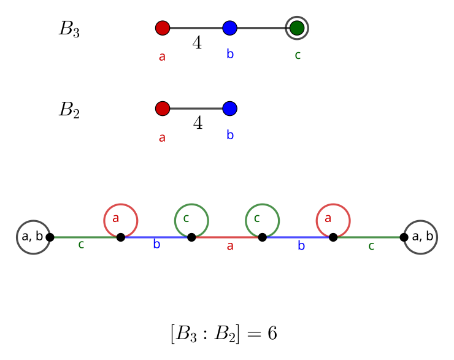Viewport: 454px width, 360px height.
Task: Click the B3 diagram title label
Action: point(69,29)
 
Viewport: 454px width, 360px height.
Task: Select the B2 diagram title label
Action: point(69,110)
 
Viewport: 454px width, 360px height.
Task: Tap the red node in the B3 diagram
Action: point(163,28)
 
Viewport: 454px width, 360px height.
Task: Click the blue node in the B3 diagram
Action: point(230,28)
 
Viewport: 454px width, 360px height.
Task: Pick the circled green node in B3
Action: point(297,28)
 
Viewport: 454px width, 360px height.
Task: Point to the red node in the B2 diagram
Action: point(163,109)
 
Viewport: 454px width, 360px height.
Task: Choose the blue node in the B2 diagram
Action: point(230,109)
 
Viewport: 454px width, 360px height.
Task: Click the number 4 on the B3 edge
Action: point(197,43)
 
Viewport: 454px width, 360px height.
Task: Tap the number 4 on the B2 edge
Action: point(198,123)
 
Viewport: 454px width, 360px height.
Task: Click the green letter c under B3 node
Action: point(298,55)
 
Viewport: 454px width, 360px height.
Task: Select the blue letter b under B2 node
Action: point(230,136)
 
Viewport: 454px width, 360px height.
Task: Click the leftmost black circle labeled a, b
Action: point(33,237)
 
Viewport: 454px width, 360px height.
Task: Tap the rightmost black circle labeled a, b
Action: point(421,237)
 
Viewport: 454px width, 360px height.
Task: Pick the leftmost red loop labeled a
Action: point(121,220)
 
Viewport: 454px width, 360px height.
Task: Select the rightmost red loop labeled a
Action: point(333,220)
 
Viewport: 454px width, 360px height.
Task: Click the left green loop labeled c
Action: point(191,220)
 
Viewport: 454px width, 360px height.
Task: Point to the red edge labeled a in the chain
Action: point(227,237)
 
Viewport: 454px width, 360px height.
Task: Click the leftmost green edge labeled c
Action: point(85,237)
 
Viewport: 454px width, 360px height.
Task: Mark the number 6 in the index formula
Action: point(272,334)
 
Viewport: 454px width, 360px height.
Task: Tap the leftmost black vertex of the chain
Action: point(50,237)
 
